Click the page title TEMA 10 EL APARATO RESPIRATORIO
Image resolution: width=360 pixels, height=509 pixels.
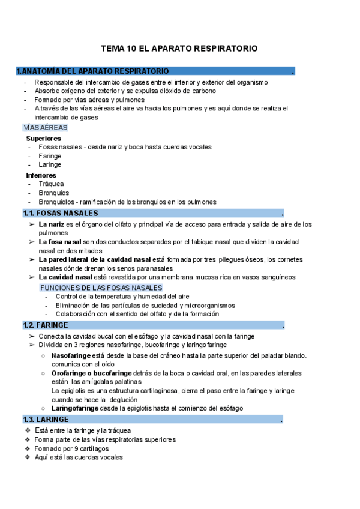[x=179, y=47]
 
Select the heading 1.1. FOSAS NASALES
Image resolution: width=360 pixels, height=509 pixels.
[x=60, y=213]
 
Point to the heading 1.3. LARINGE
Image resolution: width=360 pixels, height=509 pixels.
[x=46, y=419]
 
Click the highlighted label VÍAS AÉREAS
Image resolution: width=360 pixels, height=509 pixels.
[x=45, y=128]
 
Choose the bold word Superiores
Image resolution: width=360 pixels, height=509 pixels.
[x=43, y=138]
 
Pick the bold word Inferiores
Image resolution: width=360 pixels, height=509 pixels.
[x=41, y=175]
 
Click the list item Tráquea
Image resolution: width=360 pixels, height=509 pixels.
[x=51, y=184]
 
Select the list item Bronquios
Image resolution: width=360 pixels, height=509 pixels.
[x=53, y=193]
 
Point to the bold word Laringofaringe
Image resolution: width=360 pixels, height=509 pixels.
[x=80, y=408]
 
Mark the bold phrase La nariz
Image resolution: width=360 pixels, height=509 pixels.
[x=52, y=224]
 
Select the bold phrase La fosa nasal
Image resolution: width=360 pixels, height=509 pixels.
[x=60, y=241]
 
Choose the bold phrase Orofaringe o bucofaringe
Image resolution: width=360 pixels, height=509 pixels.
[x=92, y=373]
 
